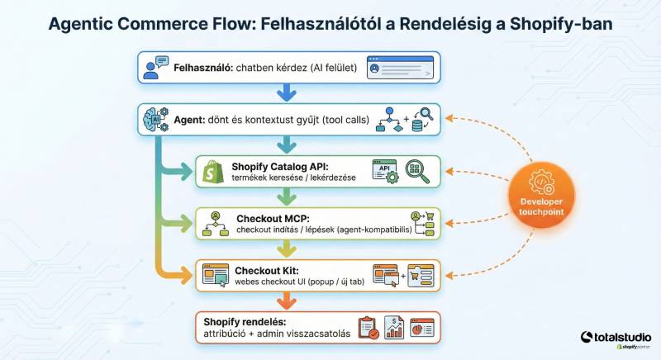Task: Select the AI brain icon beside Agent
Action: click(x=155, y=119)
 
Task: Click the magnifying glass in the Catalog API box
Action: click(x=417, y=171)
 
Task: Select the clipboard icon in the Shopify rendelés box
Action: click(x=368, y=328)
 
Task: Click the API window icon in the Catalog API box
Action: click(x=385, y=171)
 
